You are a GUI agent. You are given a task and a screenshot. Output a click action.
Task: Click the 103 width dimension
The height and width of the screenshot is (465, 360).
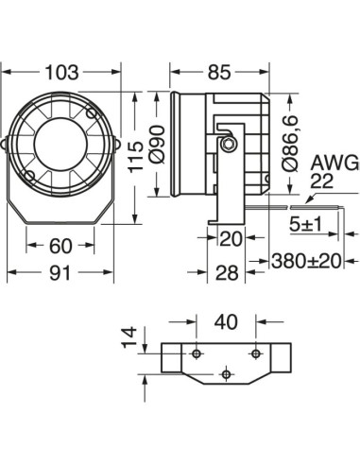coord(62,72)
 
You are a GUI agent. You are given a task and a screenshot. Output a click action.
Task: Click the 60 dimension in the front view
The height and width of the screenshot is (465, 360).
coord(60,246)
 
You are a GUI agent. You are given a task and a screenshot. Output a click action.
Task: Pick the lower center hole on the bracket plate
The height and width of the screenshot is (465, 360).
coord(225,374)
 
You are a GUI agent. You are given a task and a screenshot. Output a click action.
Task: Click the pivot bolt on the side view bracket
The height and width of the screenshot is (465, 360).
coord(227,144)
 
